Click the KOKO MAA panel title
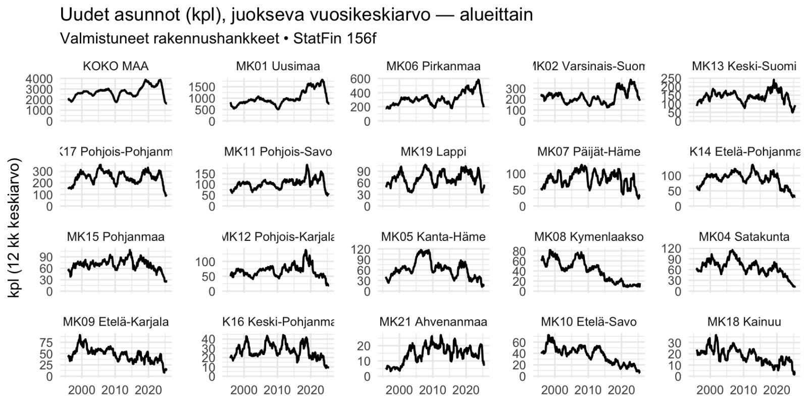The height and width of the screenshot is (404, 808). [116, 66]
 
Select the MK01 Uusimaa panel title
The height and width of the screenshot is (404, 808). [278, 66]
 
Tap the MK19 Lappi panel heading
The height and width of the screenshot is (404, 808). [433, 151]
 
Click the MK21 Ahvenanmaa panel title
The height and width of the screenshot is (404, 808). [433, 322]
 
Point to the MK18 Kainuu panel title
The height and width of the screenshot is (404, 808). [744, 322]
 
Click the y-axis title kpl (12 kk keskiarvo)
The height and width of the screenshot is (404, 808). [15, 228]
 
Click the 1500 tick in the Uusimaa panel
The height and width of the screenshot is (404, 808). [203, 87]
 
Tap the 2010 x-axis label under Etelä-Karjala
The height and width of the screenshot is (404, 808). [115, 390]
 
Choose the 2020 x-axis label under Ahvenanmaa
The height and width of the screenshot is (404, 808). [465, 390]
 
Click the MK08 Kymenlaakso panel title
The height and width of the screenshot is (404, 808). [589, 237]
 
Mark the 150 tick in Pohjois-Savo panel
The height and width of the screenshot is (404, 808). [205, 174]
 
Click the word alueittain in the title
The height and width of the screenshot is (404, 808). [496, 15]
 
